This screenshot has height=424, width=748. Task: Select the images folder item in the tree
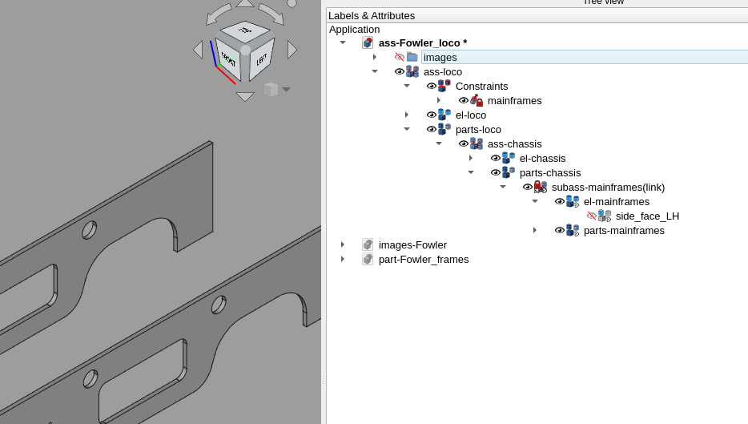pos(440,58)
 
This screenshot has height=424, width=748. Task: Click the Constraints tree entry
pos(481,87)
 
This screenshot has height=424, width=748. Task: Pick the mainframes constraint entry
pos(514,101)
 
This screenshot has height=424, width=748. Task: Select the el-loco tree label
pos(470,115)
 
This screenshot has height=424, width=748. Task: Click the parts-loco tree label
pos(478,130)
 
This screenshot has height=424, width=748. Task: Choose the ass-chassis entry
pos(514,144)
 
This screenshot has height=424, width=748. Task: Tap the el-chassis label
pos(542,159)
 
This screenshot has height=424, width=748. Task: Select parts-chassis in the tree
pos(549,173)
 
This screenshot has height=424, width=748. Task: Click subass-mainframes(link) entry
pos(608,188)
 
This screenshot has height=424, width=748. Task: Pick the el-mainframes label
pos(616,202)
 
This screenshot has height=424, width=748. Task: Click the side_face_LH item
pos(647,216)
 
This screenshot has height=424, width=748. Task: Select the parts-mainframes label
pos(624,231)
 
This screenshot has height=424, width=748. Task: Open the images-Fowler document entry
pos(412,245)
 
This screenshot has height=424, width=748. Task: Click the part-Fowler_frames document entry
pos(424,260)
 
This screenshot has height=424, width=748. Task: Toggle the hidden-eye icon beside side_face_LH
pos(592,216)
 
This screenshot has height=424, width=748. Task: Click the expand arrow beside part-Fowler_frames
pos(343,260)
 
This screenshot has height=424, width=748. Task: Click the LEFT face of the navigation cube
pos(262,60)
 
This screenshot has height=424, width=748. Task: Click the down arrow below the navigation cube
pos(245,96)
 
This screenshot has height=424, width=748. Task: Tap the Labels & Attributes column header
pos(372,15)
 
